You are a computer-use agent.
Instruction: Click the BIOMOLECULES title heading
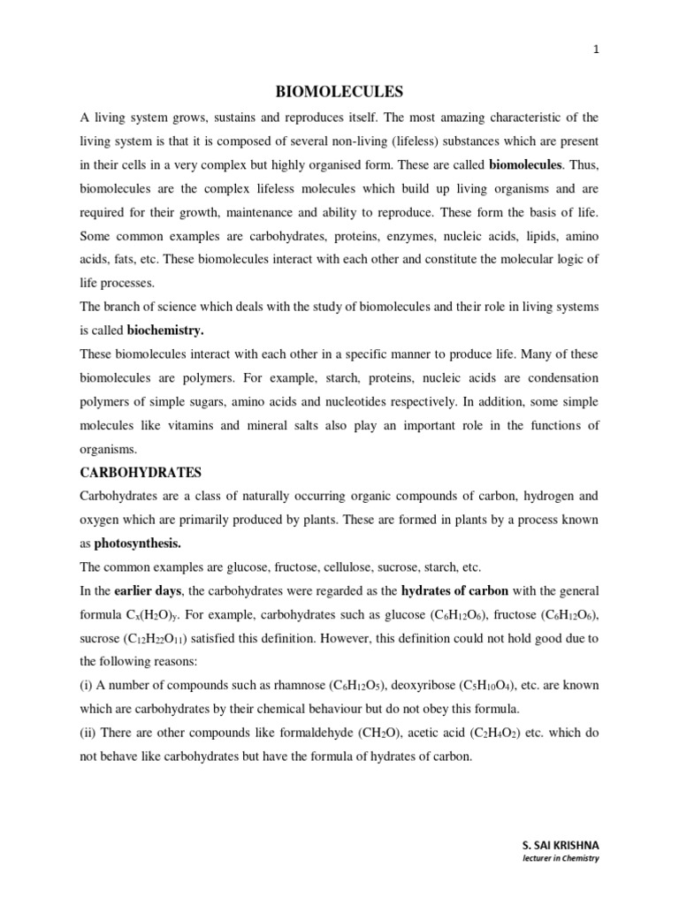339,91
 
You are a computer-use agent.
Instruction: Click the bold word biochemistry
165,331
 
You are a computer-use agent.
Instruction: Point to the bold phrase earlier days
148,590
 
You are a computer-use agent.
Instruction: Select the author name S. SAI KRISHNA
560,846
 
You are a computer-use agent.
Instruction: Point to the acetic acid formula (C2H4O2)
487,733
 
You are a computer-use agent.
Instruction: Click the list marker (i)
86,685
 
